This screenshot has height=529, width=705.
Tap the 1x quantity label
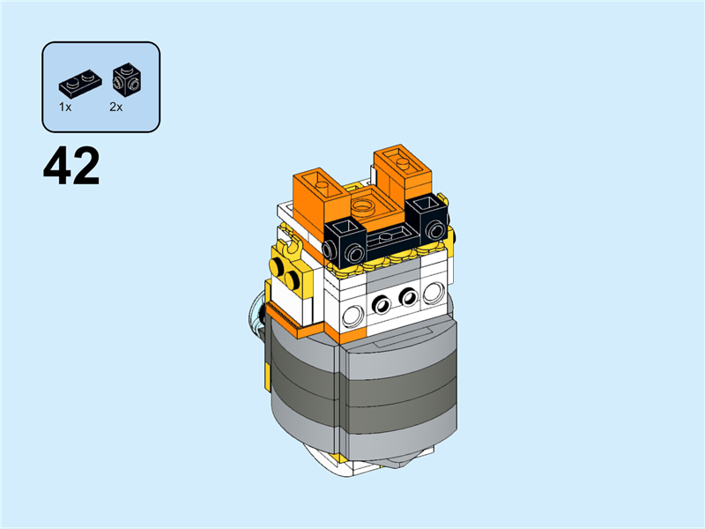pos(65,106)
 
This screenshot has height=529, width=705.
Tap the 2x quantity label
pos(115,106)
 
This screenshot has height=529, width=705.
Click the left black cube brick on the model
pos(344,239)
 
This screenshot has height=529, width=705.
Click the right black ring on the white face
pos(408,297)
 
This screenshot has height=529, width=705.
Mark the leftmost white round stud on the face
pos(353,314)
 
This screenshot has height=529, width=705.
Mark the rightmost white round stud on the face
pos(433,292)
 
